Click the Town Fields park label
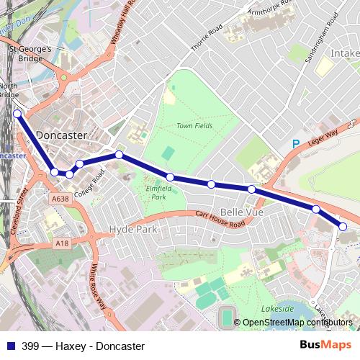194,126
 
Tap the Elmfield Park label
156,192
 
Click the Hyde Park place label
132,229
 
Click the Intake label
344,53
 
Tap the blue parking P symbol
295,144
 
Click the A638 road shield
60,198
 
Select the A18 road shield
62,244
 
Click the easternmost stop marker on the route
343,227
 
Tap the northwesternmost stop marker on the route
17,113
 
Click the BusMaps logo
325,345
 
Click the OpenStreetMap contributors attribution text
299,323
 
